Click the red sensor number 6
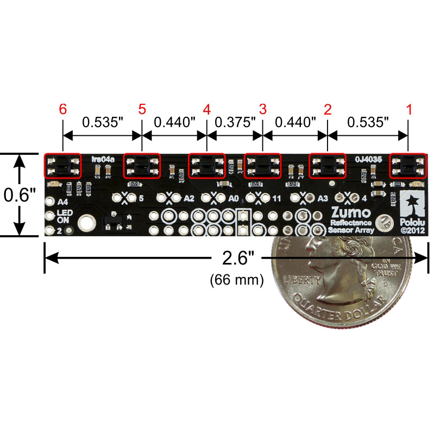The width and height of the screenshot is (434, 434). click(63, 109)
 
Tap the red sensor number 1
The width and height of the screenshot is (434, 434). click(408, 109)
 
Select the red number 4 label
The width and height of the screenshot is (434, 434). click(206, 109)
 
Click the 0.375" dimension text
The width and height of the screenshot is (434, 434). click(235, 122)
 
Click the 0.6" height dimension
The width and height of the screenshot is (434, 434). click(20, 194)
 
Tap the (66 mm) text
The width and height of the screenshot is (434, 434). click(236, 280)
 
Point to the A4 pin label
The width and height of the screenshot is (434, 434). click(62, 201)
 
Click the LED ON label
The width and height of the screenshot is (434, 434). click(64, 216)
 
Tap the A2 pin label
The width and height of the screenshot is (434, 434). click(188, 198)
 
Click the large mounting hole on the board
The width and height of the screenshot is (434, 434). click(86, 222)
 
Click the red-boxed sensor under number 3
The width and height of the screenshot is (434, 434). click(262, 165)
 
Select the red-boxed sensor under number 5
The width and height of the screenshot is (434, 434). click(142, 165)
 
